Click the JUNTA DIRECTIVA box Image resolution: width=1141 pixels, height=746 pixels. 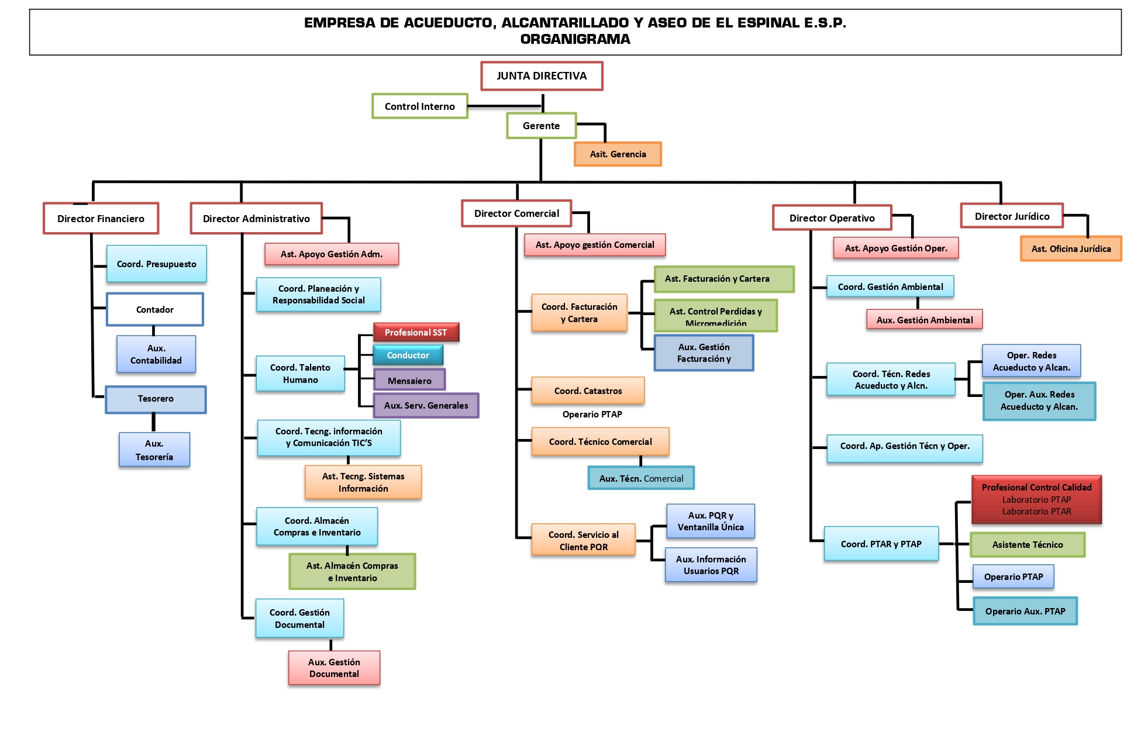click(x=542, y=76)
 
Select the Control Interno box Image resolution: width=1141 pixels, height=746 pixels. click(x=419, y=106)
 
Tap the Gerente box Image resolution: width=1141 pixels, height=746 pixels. click(x=541, y=126)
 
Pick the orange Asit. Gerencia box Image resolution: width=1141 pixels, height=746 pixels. click(x=618, y=154)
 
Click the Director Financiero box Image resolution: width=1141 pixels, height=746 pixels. click(x=101, y=219)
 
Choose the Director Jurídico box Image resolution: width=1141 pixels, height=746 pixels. click(x=1012, y=216)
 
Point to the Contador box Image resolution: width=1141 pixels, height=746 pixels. click(x=155, y=309)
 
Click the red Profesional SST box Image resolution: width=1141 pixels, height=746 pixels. click(x=416, y=332)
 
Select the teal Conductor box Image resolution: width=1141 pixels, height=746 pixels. click(x=408, y=355)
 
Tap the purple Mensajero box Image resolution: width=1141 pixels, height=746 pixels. click(x=409, y=380)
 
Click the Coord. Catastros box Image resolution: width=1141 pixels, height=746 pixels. click(x=588, y=391)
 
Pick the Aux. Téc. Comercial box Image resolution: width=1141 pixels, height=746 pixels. click(x=641, y=478)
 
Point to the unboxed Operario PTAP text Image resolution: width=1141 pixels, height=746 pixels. click(x=592, y=414)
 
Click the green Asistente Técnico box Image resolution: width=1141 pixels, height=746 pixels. click(x=1028, y=544)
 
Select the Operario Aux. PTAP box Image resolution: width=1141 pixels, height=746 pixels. click(x=1025, y=611)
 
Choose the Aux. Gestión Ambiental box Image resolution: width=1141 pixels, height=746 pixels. click(x=924, y=320)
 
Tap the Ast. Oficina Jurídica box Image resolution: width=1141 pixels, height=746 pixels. click(x=1071, y=248)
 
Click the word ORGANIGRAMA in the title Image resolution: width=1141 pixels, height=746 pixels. click(x=575, y=39)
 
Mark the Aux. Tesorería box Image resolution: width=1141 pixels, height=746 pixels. click(x=154, y=450)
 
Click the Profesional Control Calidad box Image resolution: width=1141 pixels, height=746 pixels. click(x=1036, y=499)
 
